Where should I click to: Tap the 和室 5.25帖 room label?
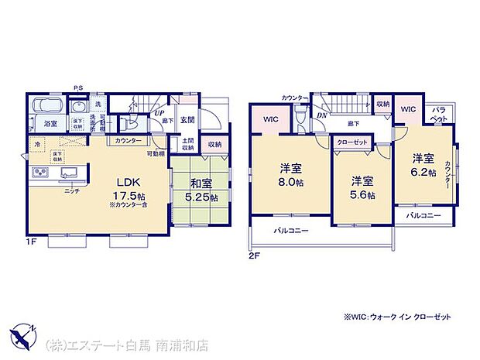click(x=201, y=190)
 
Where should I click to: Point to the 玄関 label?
click(x=187, y=119)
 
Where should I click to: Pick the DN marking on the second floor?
click(x=321, y=115)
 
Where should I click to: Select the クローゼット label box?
click(x=351, y=142)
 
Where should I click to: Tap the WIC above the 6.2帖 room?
click(x=408, y=110)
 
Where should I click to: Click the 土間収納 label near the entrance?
click(x=188, y=145)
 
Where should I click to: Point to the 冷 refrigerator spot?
click(x=36, y=144)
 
